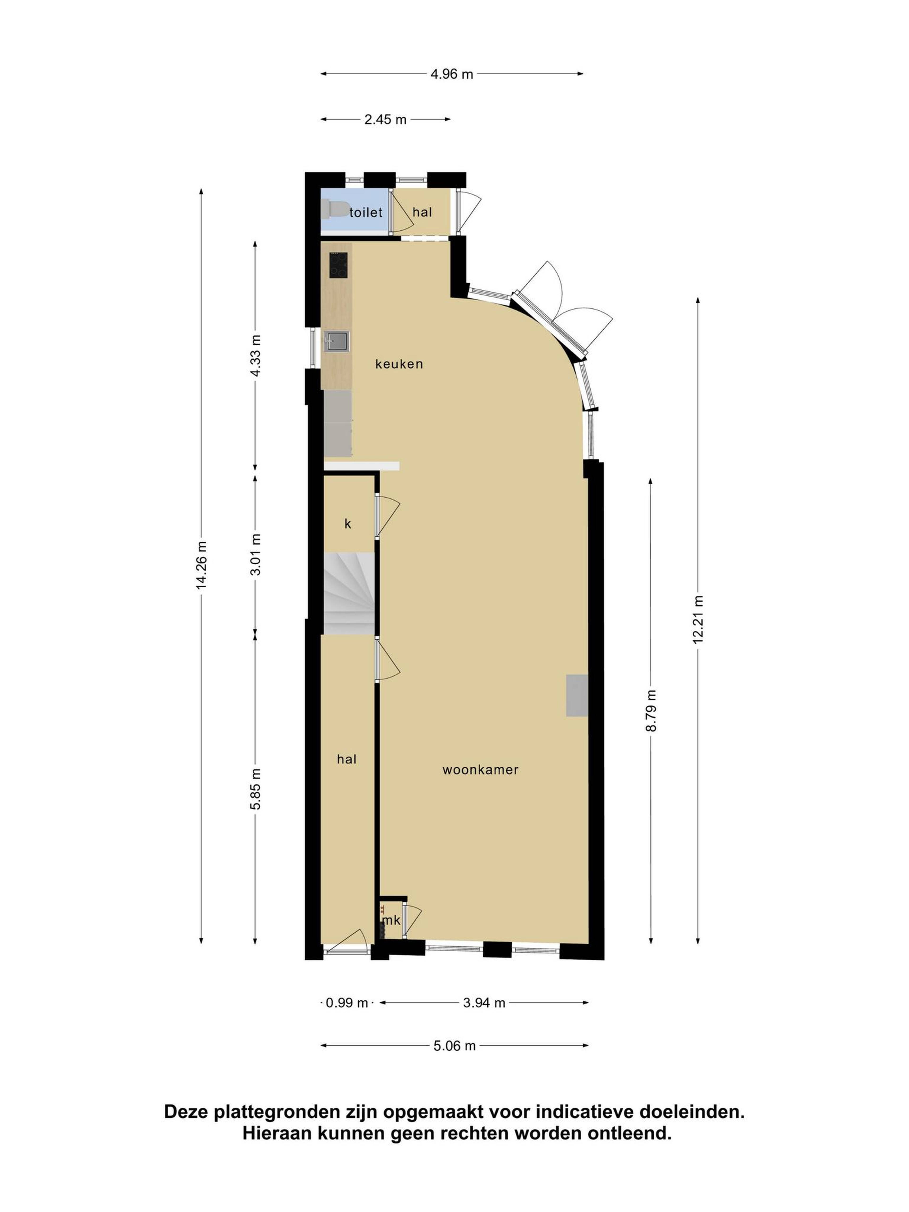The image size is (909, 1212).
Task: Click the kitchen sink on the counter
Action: pos(336,341)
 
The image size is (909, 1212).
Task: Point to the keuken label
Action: pos(399,364)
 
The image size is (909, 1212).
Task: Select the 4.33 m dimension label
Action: pos(255,356)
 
